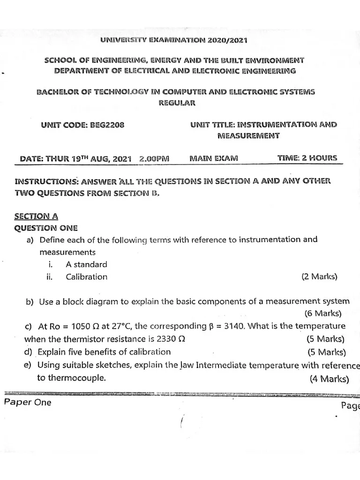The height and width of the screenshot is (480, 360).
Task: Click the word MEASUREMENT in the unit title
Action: click(x=248, y=135)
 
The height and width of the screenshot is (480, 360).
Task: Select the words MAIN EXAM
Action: click(x=214, y=158)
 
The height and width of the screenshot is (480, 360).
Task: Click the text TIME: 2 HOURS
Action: click(x=307, y=158)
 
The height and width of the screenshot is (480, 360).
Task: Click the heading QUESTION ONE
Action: click(x=46, y=228)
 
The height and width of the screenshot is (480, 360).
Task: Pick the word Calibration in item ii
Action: click(x=86, y=277)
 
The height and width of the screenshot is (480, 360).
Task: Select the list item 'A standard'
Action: click(x=86, y=264)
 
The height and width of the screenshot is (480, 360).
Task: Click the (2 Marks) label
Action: click(x=320, y=277)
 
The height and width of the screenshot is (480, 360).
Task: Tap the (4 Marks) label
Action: click(x=329, y=379)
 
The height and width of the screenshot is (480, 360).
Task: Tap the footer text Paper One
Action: click(x=28, y=403)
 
